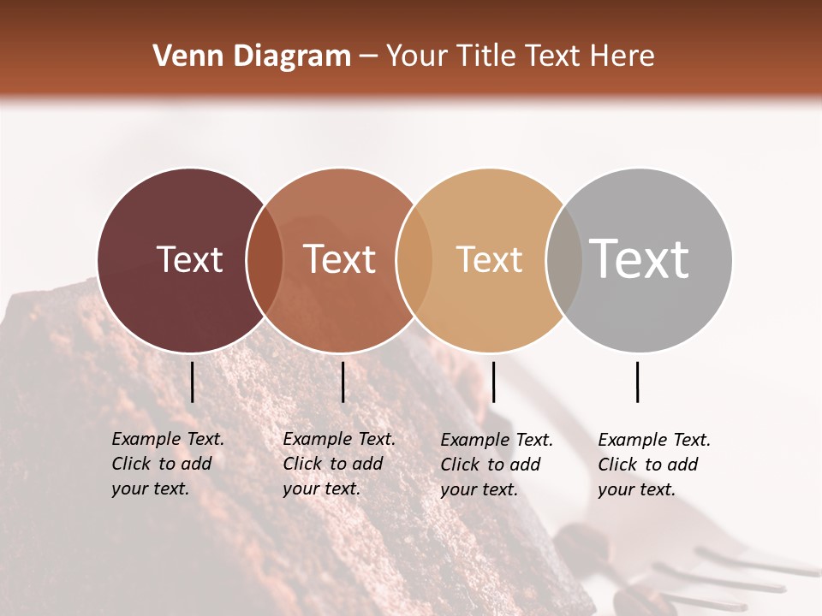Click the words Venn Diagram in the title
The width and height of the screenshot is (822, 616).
[252, 56]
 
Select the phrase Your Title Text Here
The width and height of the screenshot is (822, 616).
[520, 56]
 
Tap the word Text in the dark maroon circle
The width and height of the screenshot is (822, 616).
[189, 259]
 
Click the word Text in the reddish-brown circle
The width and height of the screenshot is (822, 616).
[339, 259]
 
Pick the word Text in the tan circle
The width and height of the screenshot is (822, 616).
[489, 259]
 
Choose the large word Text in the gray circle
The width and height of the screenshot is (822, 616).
[639, 258]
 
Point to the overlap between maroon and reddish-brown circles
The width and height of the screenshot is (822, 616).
[265, 260]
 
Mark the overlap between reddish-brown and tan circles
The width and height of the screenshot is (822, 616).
[414, 260]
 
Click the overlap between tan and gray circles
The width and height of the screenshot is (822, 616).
[564, 260]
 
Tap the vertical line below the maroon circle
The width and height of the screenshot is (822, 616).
[193, 382]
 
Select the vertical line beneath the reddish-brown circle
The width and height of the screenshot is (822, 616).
[342, 382]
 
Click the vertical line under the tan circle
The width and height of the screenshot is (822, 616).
[493, 382]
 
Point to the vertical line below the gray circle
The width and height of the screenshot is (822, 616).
[638, 382]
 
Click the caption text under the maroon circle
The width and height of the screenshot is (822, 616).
[168, 464]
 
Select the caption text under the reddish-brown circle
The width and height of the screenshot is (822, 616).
[339, 464]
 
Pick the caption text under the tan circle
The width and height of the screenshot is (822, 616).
[497, 465]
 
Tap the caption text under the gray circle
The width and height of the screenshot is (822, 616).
[654, 465]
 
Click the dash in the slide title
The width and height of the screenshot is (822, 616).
[368, 57]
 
